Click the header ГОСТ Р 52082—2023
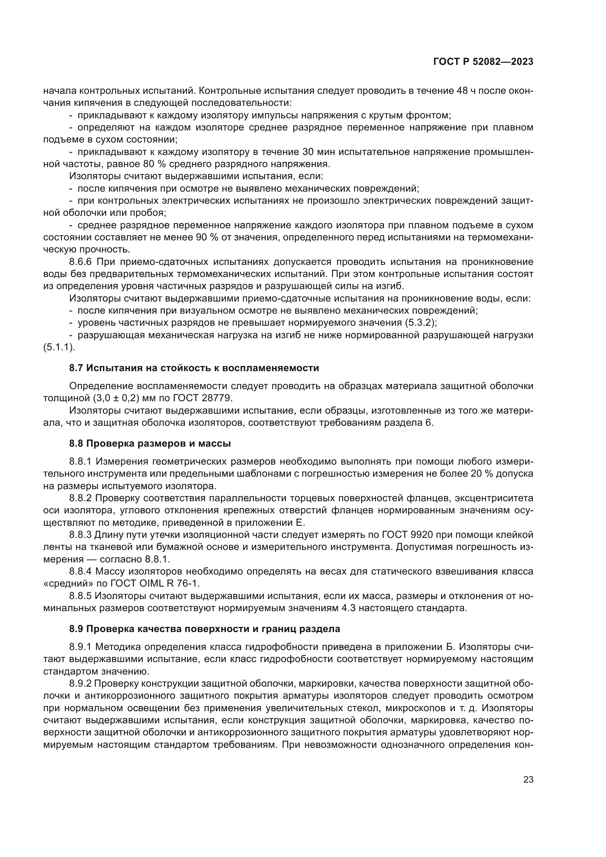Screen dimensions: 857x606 pyautogui.click(x=483, y=62)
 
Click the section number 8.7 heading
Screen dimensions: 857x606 pyautogui.click(x=77, y=368)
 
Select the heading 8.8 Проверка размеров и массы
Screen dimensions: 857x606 pyautogui.click(x=149, y=443)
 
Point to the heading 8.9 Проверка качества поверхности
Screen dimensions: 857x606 pyautogui.click(x=204, y=629)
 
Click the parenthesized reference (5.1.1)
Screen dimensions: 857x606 pyautogui.click(x=59, y=347)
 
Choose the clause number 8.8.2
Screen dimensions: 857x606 pyautogui.click(x=80, y=498)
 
